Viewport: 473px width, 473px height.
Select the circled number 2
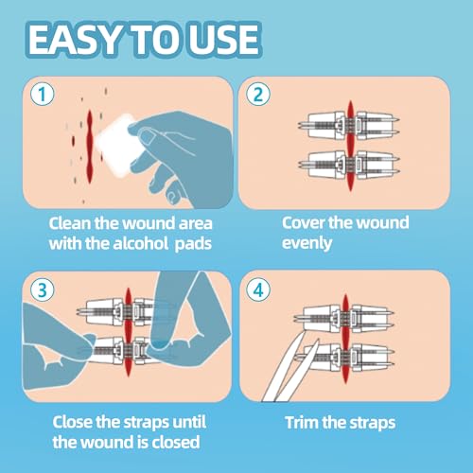tap(257, 95)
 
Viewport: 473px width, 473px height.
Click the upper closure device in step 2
tap(346, 124)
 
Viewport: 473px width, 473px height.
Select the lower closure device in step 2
tap(346, 168)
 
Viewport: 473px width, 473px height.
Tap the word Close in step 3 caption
tap(50, 421)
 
